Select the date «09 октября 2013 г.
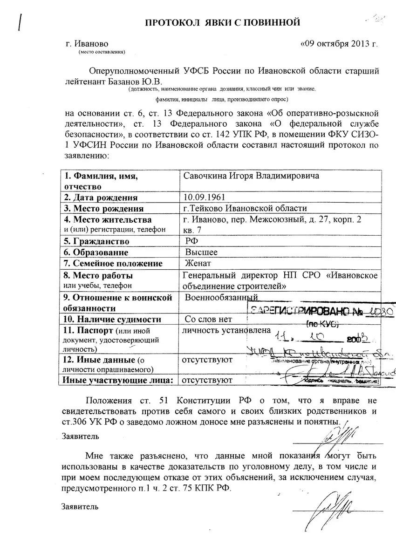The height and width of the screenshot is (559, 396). (339, 44)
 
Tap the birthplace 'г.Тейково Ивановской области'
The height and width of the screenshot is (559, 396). (245, 208)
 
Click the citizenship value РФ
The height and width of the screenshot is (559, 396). (191, 241)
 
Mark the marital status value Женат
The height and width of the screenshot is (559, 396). (198, 263)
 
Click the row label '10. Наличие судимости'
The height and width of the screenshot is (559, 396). (112, 319)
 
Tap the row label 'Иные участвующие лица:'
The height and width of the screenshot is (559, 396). (117, 380)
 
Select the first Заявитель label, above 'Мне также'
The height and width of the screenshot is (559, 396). (80, 436)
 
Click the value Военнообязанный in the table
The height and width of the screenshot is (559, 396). (221, 297)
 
